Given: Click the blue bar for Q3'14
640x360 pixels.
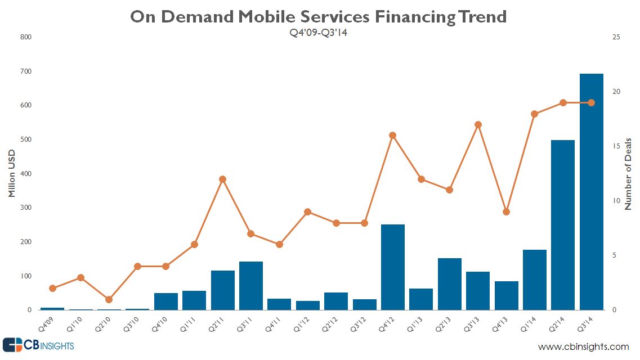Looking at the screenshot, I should pyautogui.click(x=591, y=192).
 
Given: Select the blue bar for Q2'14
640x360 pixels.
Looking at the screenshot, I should pyautogui.click(x=563, y=225).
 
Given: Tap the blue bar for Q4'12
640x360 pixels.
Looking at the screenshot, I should pyautogui.click(x=393, y=267).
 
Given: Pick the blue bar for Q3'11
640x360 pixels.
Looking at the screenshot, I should pyautogui.click(x=251, y=286).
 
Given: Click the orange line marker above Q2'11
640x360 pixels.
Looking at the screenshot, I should pyautogui.click(x=222, y=179).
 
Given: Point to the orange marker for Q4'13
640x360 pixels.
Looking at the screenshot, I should pyautogui.click(x=506, y=212).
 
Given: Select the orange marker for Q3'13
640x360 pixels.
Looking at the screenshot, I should pyautogui.click(x=478, y=125).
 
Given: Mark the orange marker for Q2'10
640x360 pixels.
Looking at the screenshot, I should pyautogui.click(x=109, y=299).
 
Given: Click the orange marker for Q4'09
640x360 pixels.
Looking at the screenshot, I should pyautogui.click(x=52, y=289).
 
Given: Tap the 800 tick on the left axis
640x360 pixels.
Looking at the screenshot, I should pyautogui.click(x=26, y=37).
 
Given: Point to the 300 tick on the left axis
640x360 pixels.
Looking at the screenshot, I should pyautogui.click(x=26, y=208).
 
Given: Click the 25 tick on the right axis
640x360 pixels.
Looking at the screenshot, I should pyautogui.click(x=617, y=37).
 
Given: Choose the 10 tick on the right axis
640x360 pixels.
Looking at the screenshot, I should pyautogui.click(x=617, y=201).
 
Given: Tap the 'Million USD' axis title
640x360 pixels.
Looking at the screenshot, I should pyautogui.click(x=12, y=174).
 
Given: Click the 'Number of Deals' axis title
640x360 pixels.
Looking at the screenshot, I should pyautogui.click(x=629, y=174).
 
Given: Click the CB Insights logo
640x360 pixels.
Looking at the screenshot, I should pyautogui.click(x=38, y=345).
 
